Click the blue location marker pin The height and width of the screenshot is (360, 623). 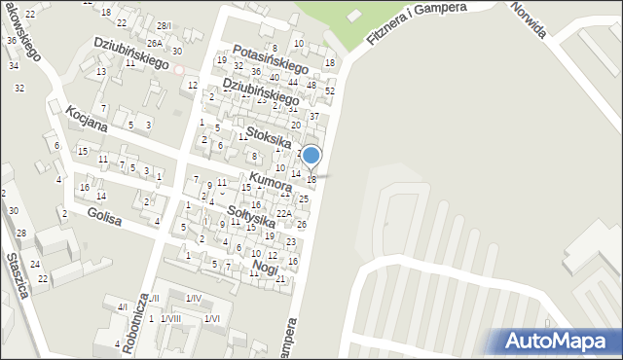point(311,157)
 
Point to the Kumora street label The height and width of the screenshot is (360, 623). point(271,181)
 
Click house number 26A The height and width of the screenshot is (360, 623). point(154,43)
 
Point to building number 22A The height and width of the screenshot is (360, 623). point(283,213)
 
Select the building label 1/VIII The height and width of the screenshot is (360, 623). point(170,318)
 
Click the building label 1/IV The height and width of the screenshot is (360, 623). point(193,298)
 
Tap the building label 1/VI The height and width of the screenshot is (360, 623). point(212,318)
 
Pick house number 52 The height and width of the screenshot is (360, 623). point(329,90)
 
